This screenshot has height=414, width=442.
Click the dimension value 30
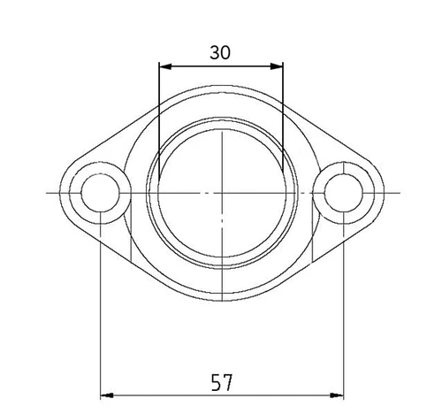point(220,52)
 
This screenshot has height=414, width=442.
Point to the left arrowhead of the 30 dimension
point(163,65)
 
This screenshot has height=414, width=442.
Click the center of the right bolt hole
point(341,192)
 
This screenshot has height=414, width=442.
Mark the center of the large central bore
point(220,192)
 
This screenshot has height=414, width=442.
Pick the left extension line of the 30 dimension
point(157,115)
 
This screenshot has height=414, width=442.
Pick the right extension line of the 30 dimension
point(282,115)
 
